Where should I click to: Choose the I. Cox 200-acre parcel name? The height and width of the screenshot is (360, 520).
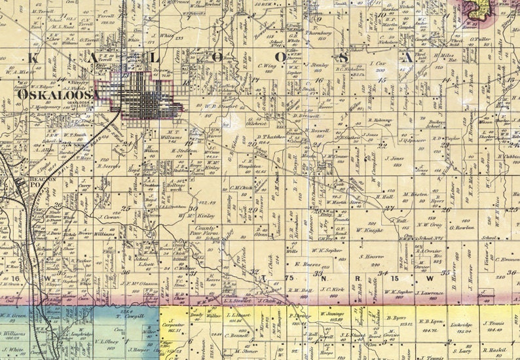point(378,65)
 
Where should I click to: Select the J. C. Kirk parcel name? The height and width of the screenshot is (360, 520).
point(333,289)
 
